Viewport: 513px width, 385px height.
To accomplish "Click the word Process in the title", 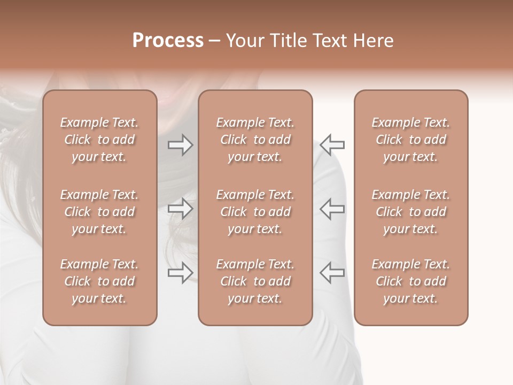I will point(168,41).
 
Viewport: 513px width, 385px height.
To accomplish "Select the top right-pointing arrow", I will point(180,144).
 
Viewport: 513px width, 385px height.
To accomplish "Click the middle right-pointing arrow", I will point(180,209).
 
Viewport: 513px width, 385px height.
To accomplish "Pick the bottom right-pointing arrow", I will point(180,272).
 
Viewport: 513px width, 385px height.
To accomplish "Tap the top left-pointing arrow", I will point(332,144).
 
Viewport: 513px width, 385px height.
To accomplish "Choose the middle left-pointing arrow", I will point(332,209).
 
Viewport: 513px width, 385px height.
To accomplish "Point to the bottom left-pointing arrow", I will point(332,272).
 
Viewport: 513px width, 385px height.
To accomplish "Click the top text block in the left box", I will point(99,140).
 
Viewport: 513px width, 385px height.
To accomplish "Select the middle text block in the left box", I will point(99,212).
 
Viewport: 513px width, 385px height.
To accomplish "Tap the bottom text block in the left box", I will point(99,281).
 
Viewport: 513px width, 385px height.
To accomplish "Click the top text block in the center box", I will point(255,140).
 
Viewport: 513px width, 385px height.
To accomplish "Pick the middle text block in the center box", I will point(255,212).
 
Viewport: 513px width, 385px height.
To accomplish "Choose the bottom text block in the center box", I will point(255,281).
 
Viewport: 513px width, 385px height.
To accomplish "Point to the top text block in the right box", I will point(411,140).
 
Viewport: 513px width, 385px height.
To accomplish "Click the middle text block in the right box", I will point(411,212).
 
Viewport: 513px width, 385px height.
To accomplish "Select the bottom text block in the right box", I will point(411,281).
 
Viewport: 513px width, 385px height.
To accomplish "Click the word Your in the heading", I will point(244,41).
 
